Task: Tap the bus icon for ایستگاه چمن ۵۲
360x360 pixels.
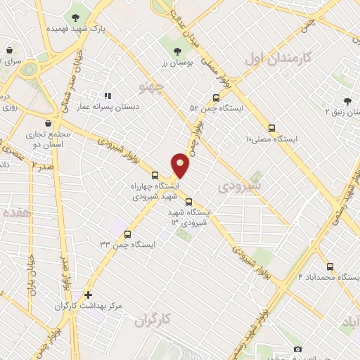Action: [216, 98]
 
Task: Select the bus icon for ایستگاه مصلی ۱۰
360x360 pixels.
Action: [271, 128]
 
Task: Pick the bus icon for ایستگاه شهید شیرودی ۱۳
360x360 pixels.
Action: [188, 202]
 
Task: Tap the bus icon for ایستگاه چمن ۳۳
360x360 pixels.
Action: [127, 234]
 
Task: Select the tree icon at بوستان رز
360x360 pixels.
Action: [177, 51]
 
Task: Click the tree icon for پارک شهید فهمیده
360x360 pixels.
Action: [75, 17]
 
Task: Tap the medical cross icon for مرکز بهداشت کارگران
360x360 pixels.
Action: [88, 295]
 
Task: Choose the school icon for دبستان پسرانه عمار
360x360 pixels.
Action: [108, 95]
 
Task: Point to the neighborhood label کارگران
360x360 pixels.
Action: [152, 320]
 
